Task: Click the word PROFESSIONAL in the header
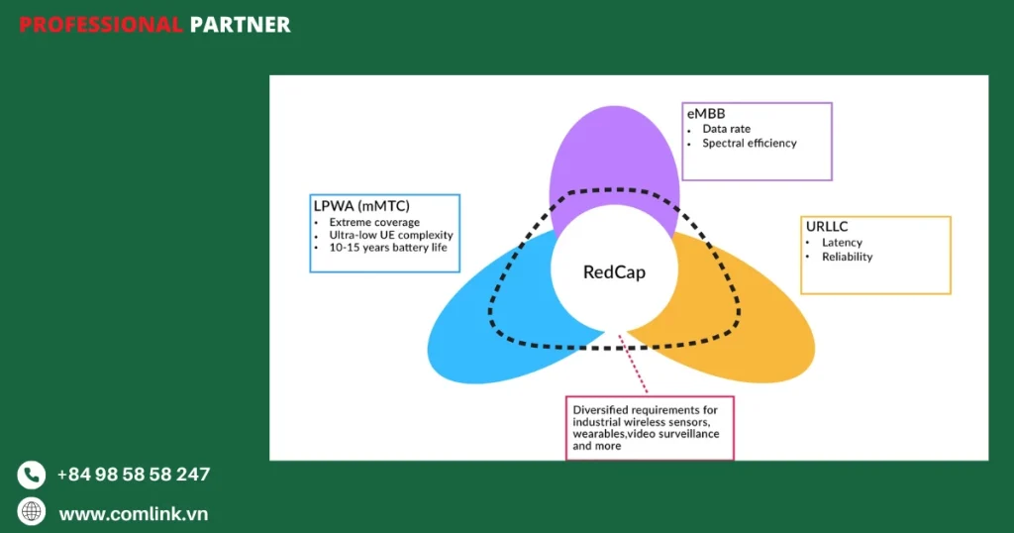[100, 25]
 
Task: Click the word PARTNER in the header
[240, 25]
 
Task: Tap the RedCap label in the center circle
[613, 271]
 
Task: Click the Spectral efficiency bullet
[749, 143]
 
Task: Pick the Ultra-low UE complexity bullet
[390, 235]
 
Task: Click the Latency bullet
[842, 243]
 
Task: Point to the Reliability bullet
[847, 257]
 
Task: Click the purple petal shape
[614, 149]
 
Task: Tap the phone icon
[32, 475]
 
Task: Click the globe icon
[32, 511]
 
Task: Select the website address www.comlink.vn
[133, 513]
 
